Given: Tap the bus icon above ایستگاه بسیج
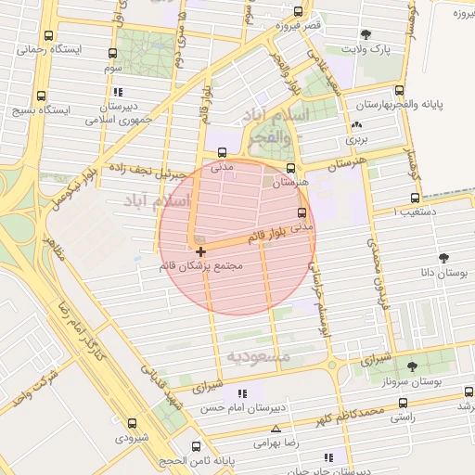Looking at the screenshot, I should coord(41,96).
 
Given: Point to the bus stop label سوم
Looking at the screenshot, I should coord(112,69).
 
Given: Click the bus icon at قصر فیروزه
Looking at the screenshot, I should coord(298,12).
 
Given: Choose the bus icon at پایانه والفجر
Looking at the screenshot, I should coord(399,91).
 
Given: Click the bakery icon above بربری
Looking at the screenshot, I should coord(357,124).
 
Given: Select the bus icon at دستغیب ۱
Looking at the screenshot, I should coord(415,198).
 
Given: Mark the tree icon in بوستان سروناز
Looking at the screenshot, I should coord(412,366).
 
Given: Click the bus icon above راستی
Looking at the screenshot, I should coord(402,404).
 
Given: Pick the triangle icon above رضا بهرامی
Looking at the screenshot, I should coord(276,429).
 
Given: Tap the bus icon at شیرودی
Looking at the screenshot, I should coord(132,423).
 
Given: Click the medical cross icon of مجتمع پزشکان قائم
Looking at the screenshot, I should coord(200,251).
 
